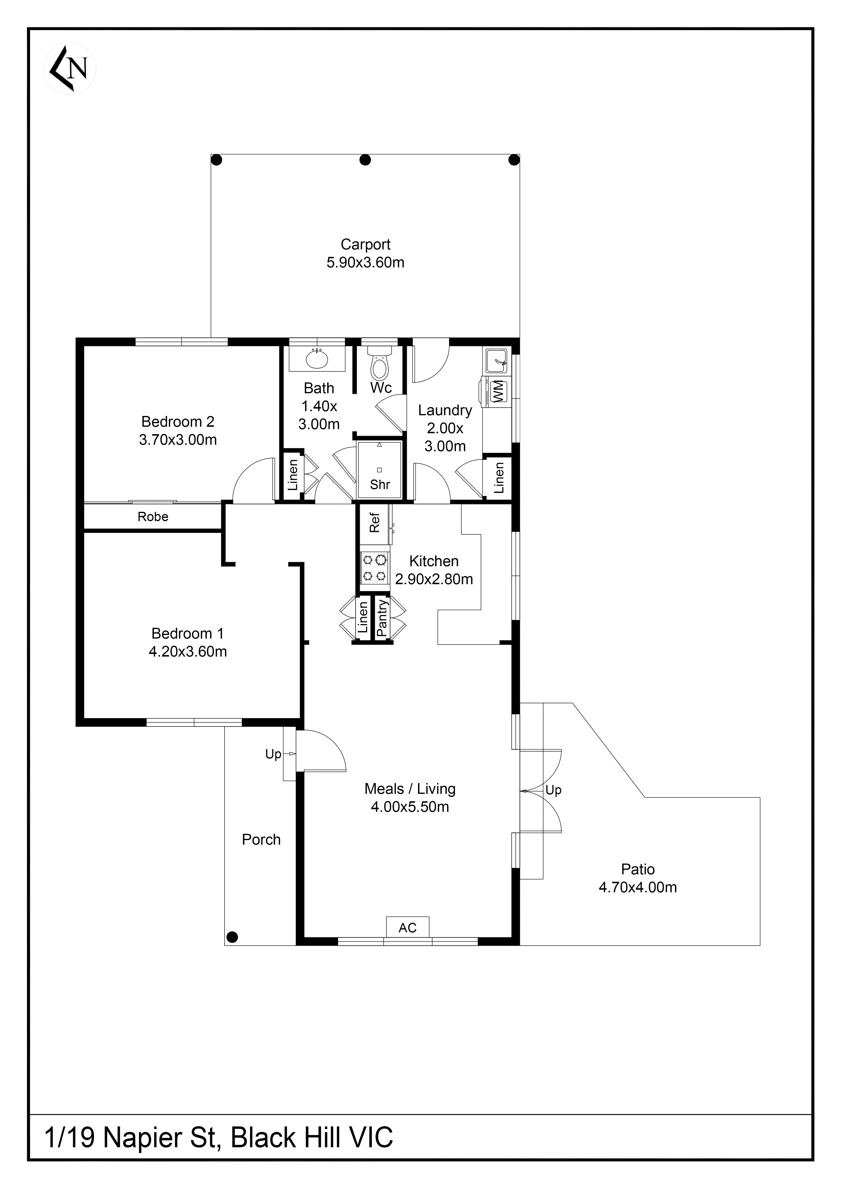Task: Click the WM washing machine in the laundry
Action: click(497, 391)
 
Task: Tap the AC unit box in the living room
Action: click(408, 928)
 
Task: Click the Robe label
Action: click(153, 516)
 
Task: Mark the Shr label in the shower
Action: click(379, 484)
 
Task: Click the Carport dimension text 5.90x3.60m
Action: click(365, 262)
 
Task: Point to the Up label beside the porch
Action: click(273, 754)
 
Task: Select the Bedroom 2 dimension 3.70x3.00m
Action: click(178, 440)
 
